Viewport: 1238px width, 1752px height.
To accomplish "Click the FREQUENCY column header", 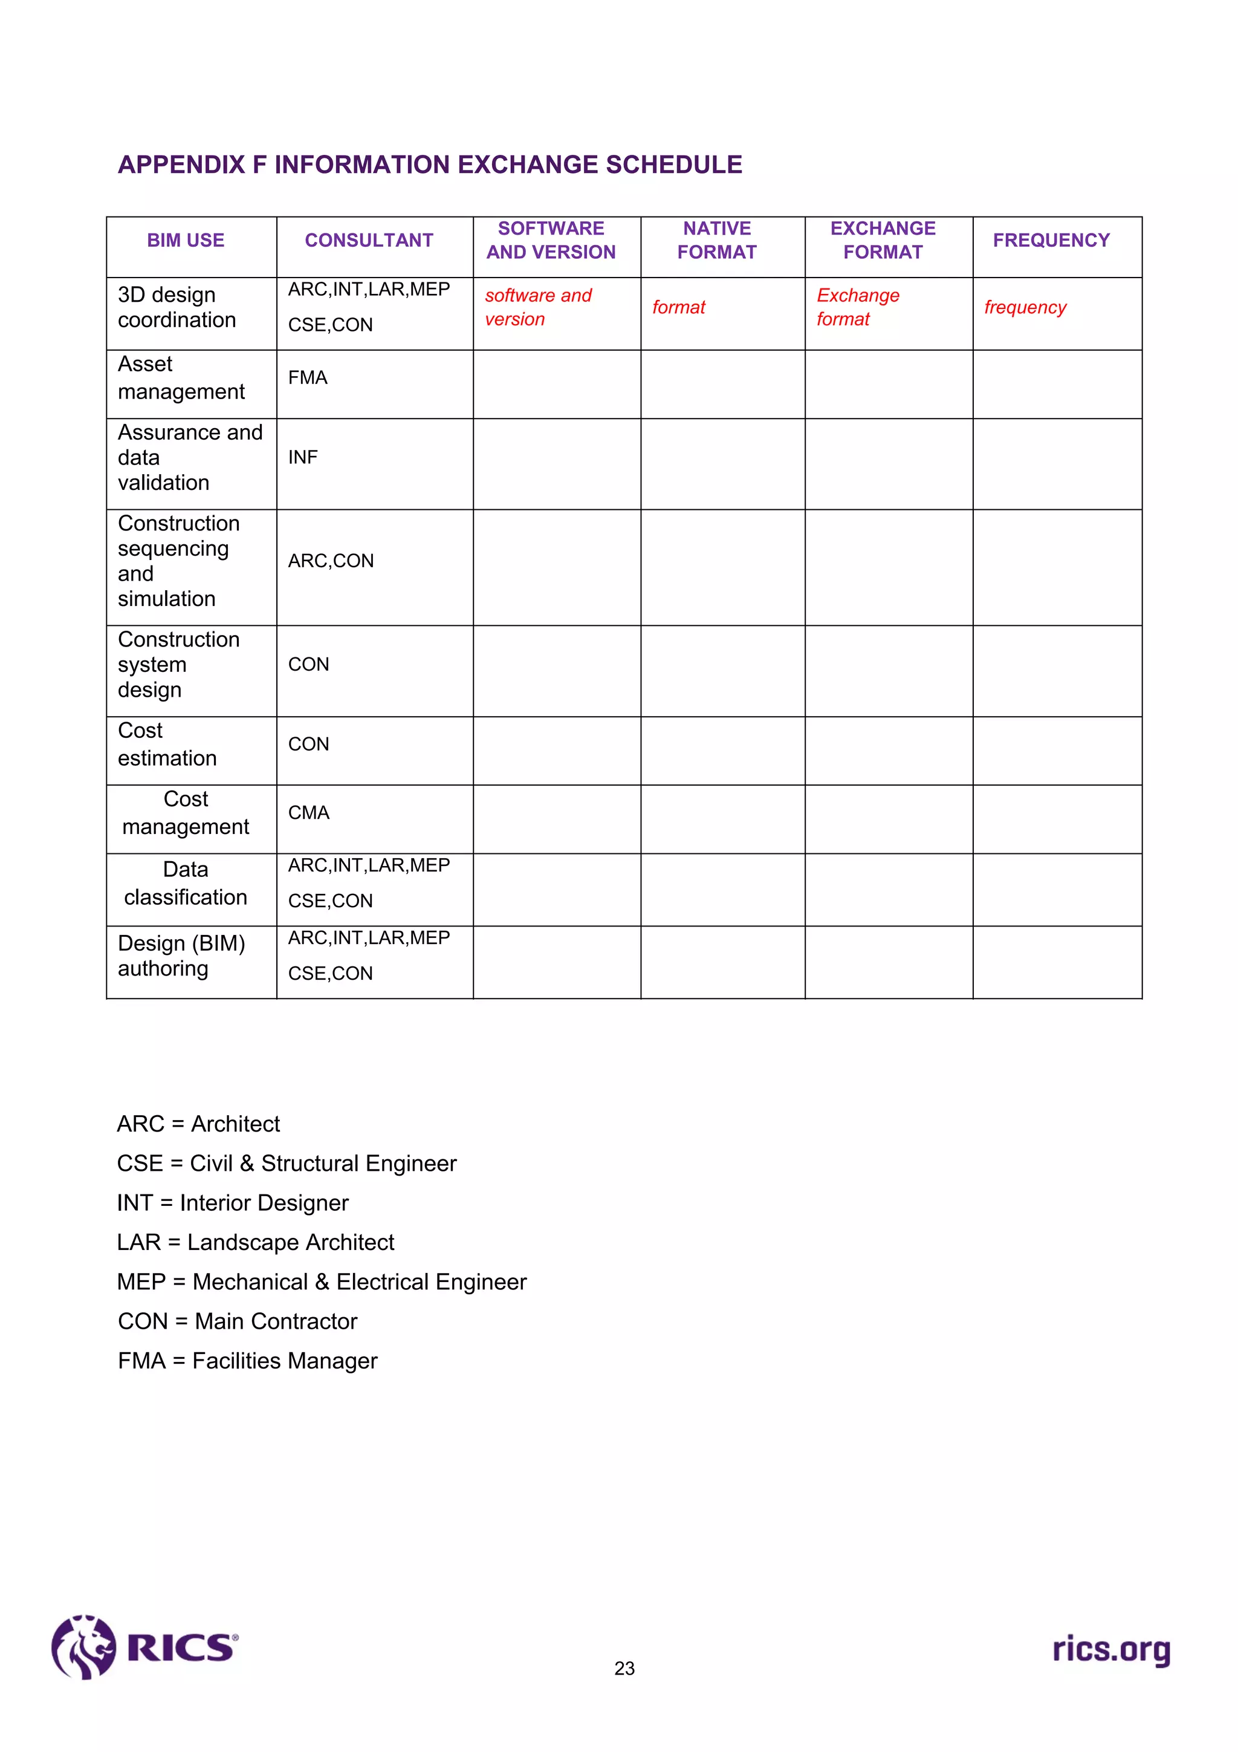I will (1051, 240).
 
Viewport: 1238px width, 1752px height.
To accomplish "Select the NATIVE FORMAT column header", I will (716, 240).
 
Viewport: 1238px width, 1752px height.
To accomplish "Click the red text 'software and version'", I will (538, 307).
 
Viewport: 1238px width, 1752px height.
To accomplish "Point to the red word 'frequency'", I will (1025, 307).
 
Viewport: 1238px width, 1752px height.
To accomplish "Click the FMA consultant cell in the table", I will (308, 378).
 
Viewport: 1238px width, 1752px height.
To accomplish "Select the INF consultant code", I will (303, 457).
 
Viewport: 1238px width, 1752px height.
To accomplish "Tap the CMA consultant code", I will (308, 813).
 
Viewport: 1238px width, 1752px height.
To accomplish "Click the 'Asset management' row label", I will (181, 378).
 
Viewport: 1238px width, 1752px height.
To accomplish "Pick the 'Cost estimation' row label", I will (167, 744).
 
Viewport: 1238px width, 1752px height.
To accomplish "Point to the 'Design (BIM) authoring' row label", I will (181, 956).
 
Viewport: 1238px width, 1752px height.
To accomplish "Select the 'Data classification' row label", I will (186, 883).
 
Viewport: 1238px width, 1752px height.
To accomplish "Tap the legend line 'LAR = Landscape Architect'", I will (256, 1242).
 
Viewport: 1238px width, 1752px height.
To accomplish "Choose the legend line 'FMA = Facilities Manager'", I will (247, 1361).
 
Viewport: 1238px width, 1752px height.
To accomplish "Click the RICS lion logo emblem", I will (83, 1647).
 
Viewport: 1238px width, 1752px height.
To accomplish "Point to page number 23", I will (624, 1669).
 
